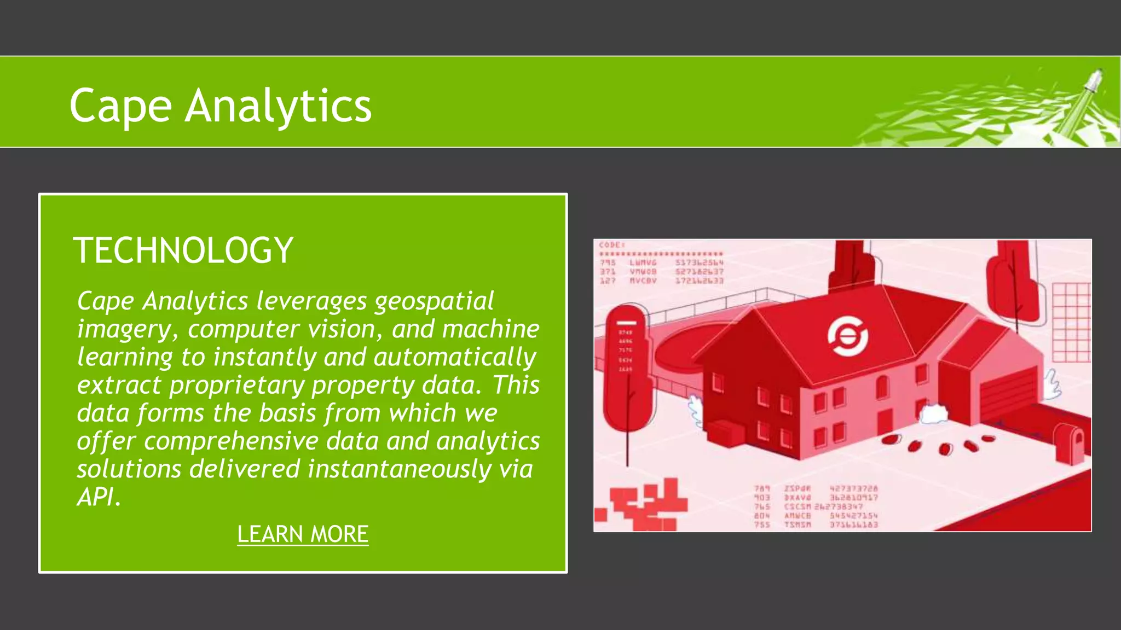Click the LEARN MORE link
pyautogui.click(x=303, y=534)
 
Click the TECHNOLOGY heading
pyautogui.click(x=183, y=250)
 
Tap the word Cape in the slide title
pyautogui.click(x=120, y=106)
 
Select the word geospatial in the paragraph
pyautogui.click(x=434, y=301)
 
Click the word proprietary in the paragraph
pyautogui.click(x=236, y=385)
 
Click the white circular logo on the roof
pyautogui.click(x=847, y=336)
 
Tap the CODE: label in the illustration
pyautogui.click(x=611, y=245)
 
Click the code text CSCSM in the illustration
pyautogui.click(x=798, y=507)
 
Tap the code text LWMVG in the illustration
pyautogui.click(x=643, y=263)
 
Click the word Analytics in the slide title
pyautogui.click(x=278, y=106)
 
